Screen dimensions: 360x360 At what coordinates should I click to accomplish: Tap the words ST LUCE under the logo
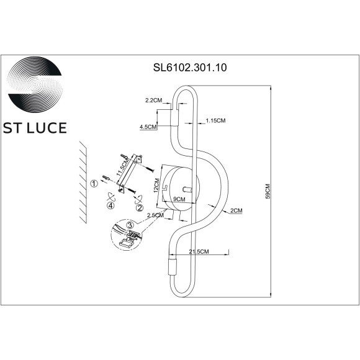[x=35, y=128]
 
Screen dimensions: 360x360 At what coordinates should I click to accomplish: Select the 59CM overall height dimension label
[x=268, y=191]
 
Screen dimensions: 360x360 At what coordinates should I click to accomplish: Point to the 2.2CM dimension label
[x=153, y=100]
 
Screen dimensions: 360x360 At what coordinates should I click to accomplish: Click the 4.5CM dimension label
[x=148, y=127]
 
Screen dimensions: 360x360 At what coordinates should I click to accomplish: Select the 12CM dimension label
[x=158, y=184]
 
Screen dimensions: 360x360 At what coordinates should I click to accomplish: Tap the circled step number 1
[x=94, y=183]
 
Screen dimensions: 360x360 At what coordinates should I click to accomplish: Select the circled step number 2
[x=140, y=207]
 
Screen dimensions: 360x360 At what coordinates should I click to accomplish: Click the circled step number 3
[x=130, y=224]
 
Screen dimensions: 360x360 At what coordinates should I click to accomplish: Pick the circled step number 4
[x=110, y=205]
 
